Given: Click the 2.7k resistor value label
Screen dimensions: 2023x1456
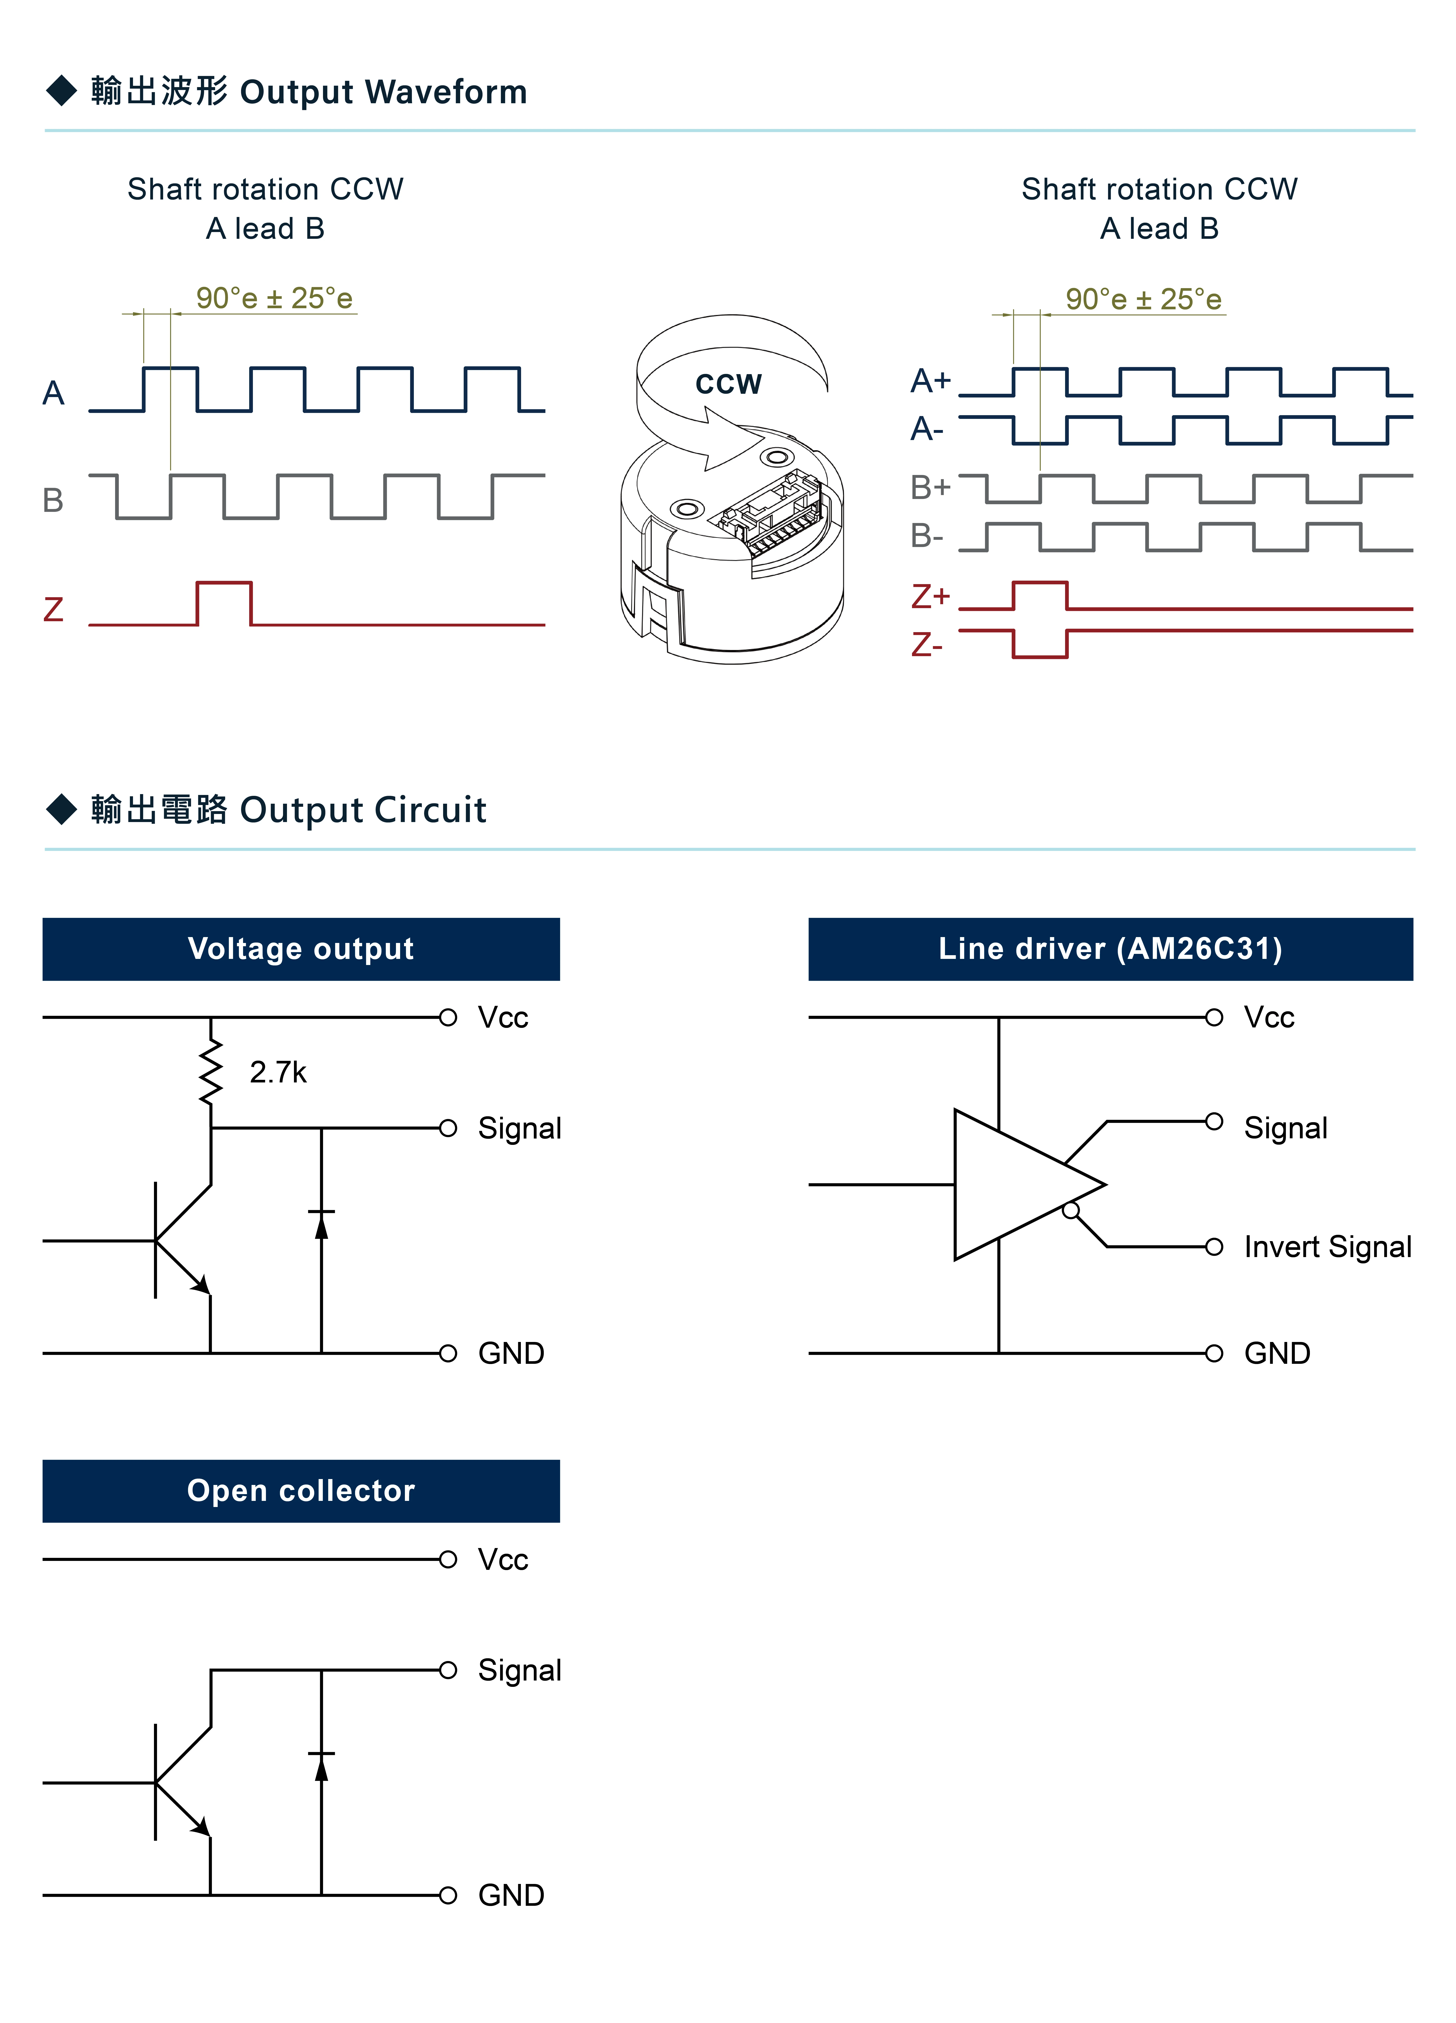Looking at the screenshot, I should (277, 1072).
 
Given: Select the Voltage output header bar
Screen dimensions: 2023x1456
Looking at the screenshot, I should (301, 949).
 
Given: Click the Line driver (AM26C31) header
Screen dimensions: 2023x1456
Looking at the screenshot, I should (1110, 949).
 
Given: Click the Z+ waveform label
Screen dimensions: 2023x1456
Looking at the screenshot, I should (930, 596).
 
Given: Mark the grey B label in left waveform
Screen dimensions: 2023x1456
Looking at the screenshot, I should (54, 500).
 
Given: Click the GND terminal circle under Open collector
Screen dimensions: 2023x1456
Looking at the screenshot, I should (448, 1896).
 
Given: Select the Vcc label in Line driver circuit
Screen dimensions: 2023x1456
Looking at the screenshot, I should (1269, 1018).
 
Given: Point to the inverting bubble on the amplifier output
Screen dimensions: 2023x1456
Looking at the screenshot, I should (1071, 1210).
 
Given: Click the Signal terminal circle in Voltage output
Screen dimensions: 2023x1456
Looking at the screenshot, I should (448, 1128).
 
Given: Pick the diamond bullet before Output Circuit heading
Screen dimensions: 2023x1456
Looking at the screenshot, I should (62, 809).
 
